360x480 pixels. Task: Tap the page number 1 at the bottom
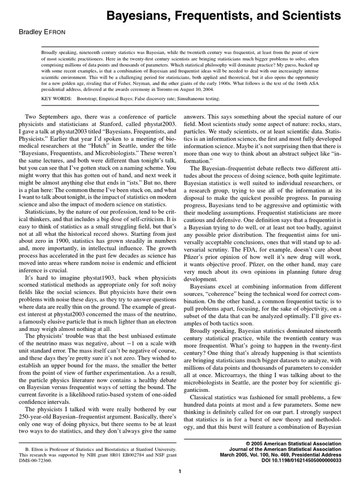(180, 471)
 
